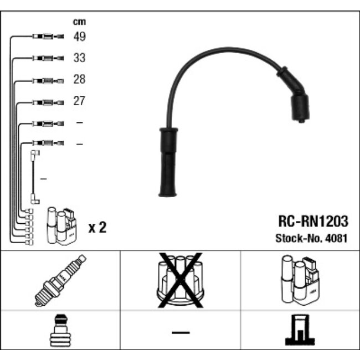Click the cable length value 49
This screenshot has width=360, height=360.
(x=80, y=37)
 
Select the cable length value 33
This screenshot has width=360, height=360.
(x=80, y=58)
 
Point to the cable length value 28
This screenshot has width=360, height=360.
(x=80, y=80)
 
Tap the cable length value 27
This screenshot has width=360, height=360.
(x=80, y=101)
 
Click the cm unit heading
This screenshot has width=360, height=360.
(x=80, y=22)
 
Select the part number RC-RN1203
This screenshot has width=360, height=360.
(x=312, y=223)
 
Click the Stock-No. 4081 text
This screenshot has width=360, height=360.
(x=312, y=239)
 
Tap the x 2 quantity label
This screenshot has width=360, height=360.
(x=97, y=227)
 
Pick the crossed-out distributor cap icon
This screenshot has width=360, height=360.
(x=180, y=280)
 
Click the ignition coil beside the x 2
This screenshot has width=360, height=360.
(x=61, y=225)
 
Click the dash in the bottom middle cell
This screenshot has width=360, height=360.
(x=180, y=332)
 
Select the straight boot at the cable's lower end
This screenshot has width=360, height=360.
(x=167, y=163)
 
